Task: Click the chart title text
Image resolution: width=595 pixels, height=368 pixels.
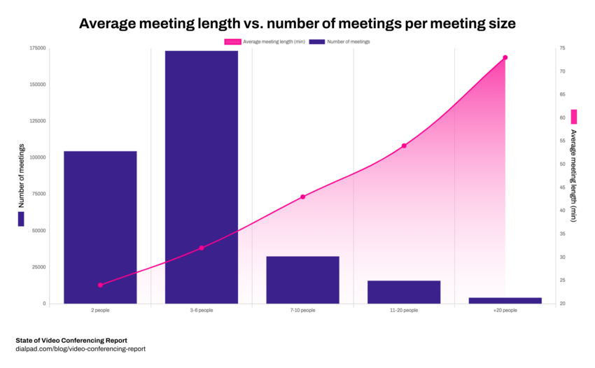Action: click(x=297, y=23)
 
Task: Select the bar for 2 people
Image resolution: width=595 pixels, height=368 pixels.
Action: click(x=100, y=227)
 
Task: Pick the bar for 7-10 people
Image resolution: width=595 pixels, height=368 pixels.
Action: click(x=302, y=280)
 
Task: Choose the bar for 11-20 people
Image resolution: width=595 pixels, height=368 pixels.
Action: click(x=404, y=292)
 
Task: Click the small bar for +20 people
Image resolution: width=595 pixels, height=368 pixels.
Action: click(x=505, y=300)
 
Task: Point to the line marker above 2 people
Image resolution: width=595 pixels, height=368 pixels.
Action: click(x=100, y=285)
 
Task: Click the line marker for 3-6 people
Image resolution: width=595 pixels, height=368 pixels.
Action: click(x=202, y=248)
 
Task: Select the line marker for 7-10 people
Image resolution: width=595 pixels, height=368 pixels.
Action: click(x=302, y=197)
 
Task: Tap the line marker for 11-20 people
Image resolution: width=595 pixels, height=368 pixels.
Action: click(x=404, y=146)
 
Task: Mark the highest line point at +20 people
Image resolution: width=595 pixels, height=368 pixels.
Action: click(x=505, y=57)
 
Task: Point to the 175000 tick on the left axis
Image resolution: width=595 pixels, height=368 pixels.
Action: click(x=38, y=48)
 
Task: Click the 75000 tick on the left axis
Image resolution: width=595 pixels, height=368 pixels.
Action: click(x=38, y=194)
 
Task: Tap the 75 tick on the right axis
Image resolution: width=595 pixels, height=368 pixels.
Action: click(x=561, y=48)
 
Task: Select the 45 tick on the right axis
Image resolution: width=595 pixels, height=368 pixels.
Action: click(x=561, y=187)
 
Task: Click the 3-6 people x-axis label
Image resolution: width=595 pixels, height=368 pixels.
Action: click(x=202, y=310)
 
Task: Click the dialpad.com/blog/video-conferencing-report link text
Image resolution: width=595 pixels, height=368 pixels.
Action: click(x=80, y=348)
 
